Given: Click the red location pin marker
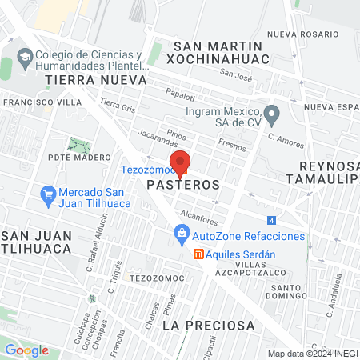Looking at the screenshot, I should [182, 161].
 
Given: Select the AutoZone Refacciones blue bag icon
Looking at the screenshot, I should [182, 236].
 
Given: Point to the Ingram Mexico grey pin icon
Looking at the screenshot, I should [272, 114].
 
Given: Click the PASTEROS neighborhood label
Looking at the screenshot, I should [184, 184].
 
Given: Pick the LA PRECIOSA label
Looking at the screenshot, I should [209, 326].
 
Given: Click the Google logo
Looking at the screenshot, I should [26, 350].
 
